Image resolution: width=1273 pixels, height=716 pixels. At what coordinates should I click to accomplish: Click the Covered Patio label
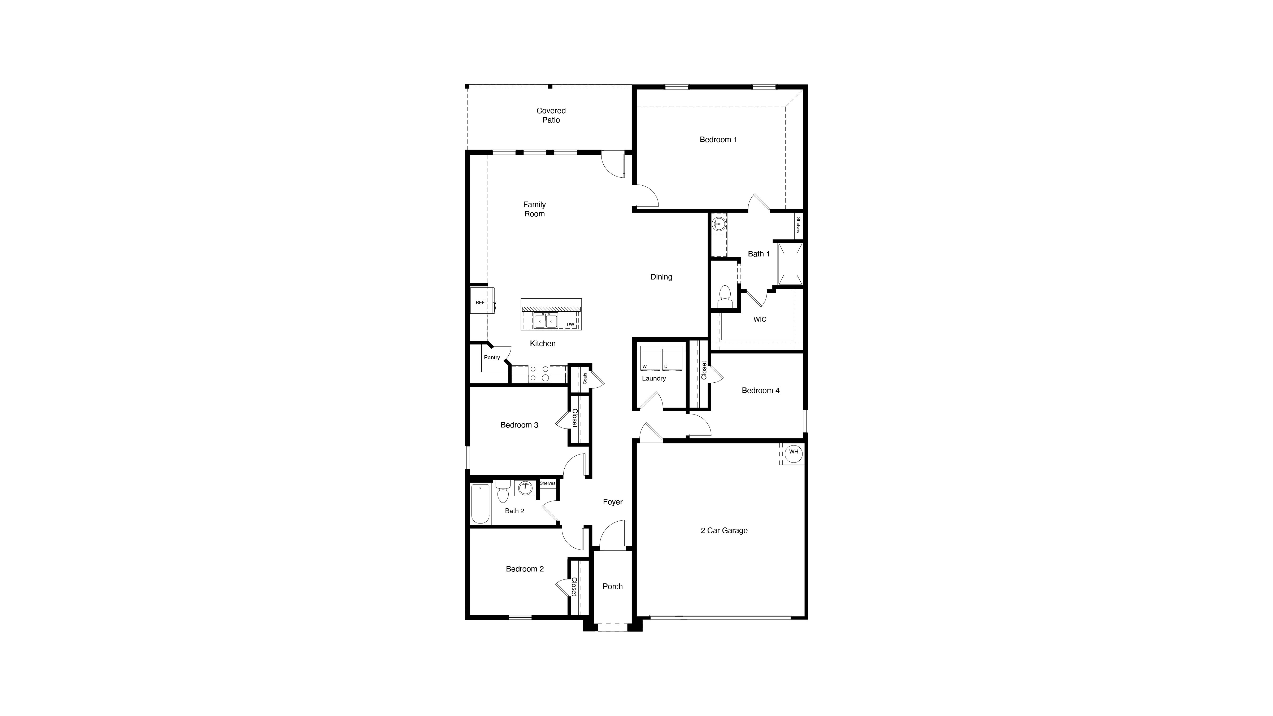click(551, 115)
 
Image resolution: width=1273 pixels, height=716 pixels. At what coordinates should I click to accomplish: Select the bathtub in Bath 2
click(480, 504)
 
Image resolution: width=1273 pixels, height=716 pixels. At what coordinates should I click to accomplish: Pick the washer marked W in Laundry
click(650, 358)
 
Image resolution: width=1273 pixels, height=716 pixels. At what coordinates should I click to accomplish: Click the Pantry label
click(492, 357)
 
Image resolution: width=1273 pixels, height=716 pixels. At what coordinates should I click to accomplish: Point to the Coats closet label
click(585, 378)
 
